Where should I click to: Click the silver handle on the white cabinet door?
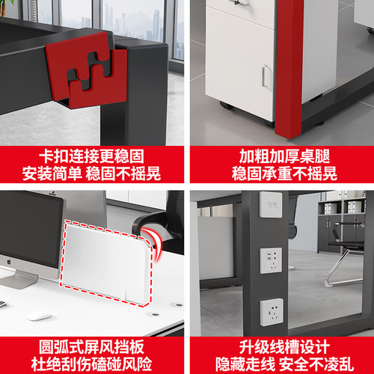pos(266,77)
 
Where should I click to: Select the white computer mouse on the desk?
pos(39,316)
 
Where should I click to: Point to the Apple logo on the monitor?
pos(9,262)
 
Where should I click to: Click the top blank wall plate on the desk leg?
pos(271,205)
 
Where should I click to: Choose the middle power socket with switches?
pos(271,260)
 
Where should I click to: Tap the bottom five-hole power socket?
pos(272,313)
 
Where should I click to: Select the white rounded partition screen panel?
pos(106,263)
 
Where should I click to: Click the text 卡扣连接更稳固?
pos(91,156)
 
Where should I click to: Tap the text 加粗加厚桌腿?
pos(284,156)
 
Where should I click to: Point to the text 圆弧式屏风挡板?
pos(91,347)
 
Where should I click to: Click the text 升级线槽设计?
pos(284,347)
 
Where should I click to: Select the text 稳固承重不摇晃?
pos(284,174)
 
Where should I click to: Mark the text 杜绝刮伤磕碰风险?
pos(91,364)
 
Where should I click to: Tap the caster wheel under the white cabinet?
pos(227,105)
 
